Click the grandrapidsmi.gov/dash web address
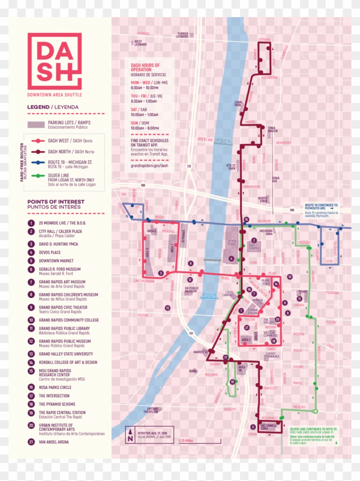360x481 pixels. (x=149, y=165)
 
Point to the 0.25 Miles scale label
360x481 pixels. (x=187, y=441)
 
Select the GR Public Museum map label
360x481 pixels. (x=191, y=290)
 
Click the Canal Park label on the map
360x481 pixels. (x=238, y=104)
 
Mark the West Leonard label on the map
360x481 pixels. (x=140, y=43)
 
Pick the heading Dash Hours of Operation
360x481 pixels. (x=145, y=67)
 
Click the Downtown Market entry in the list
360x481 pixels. (x=56, y=261)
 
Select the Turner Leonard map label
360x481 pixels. (x=182, y=35)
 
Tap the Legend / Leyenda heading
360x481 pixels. (x=53, y=107)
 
